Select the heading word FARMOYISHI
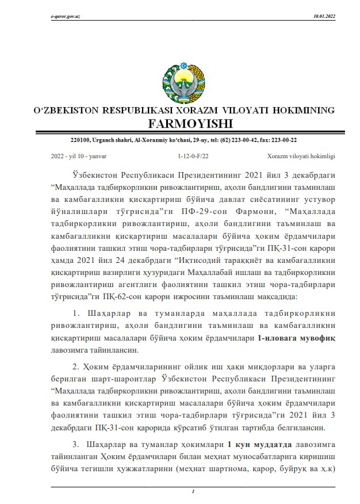click(x=179, y=123)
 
